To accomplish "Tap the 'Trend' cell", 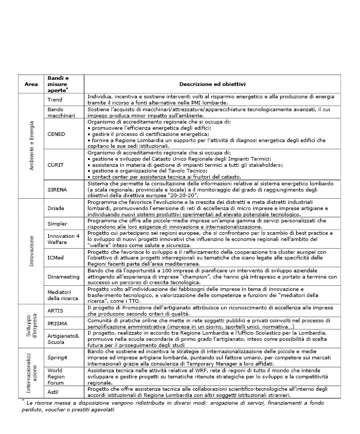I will (55, 99).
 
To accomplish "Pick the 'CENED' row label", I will (57, 133).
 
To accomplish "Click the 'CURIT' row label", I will (56, 164).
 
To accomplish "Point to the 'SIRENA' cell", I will (58, 189).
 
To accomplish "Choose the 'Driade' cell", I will (56, 207).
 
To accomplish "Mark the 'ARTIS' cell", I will (56, 310).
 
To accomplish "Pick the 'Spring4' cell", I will (58, 357).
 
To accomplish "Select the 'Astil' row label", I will (53, 392).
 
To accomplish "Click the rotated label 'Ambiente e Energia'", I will (32, 145).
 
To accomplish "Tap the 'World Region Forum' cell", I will (58, 376).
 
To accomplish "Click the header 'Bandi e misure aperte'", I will (58, 84).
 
